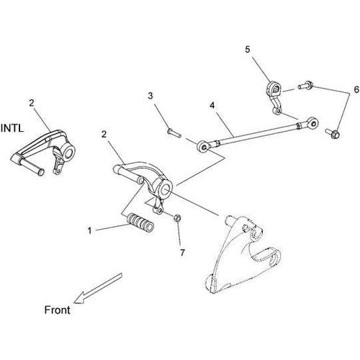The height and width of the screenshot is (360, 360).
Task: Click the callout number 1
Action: point(89,231)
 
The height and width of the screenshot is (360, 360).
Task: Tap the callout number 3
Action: point(150,96)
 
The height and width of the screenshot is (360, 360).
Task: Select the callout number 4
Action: point(212,105)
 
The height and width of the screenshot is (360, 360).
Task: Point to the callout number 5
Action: point(248,50)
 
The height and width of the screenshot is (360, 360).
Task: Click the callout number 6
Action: point(356,89)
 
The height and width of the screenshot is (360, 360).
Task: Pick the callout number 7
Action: point(182,253)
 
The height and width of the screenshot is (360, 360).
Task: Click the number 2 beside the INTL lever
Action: point(32,104)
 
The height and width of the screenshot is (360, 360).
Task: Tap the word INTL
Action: point(12,128)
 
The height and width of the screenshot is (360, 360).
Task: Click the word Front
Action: point(58,310)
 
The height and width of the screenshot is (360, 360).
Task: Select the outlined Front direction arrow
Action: point(97,289)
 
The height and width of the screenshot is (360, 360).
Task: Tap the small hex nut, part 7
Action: point(177,218)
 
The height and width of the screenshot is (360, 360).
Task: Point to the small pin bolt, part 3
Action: point(174,132)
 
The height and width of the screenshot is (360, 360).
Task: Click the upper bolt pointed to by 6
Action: point(305,85)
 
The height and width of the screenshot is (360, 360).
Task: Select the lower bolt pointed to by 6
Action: point(333,134)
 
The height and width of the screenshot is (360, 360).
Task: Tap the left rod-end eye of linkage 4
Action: point(204,147)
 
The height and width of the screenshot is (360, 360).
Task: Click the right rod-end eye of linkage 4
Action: point(312,122)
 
